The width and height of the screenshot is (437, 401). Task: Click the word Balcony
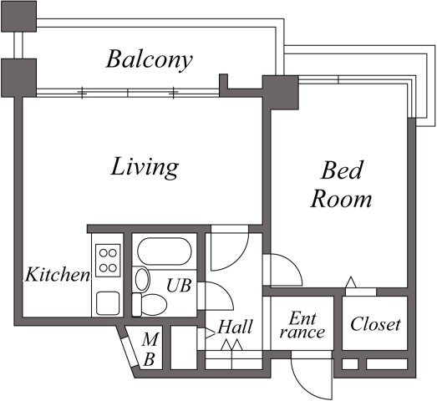150,60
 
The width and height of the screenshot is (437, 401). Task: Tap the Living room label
145,167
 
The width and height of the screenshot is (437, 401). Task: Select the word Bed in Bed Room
343,172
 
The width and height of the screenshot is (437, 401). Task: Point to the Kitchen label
56,275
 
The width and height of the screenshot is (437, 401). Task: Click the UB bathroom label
178,285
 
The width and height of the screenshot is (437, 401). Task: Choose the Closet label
375,324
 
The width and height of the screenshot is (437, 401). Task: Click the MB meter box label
150,350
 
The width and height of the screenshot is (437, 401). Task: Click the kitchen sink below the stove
108,302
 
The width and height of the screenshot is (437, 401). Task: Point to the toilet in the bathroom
151,302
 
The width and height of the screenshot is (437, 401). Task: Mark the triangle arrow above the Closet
352,283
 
